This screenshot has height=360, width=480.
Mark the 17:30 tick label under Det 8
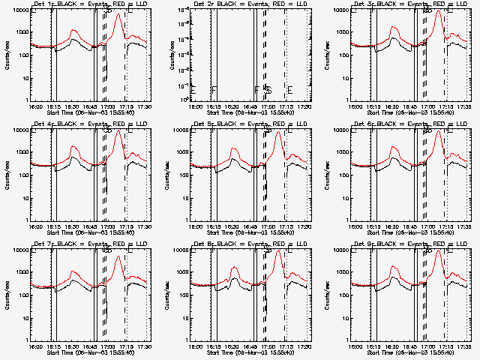pos(305,344)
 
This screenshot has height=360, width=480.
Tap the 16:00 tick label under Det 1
pos(34,106)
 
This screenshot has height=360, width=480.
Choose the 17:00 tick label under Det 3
pos(427,106)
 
